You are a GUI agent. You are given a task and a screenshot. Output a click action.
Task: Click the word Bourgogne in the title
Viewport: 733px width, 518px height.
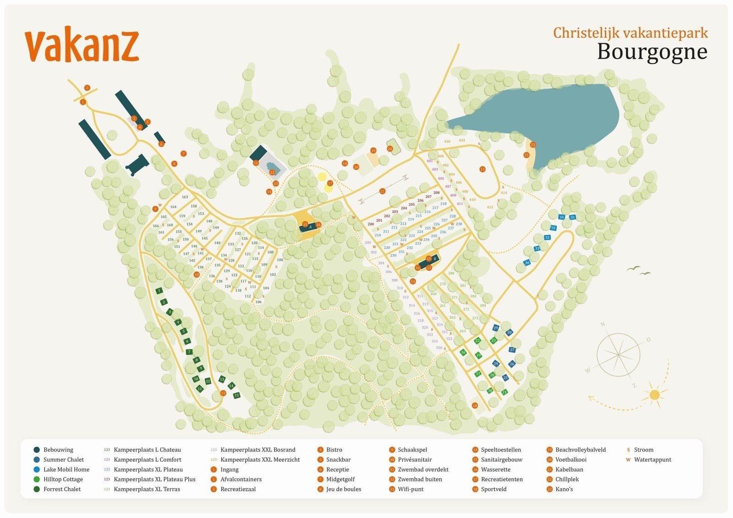point(652,51)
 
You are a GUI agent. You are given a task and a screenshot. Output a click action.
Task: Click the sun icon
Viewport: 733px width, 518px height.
point(654,394)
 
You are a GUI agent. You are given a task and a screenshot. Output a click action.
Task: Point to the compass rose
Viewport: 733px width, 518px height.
point(618,354)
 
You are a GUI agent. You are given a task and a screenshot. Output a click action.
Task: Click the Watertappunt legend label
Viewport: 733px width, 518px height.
point(652,460)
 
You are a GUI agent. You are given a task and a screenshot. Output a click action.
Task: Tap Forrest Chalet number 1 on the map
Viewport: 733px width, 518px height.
point(159,291)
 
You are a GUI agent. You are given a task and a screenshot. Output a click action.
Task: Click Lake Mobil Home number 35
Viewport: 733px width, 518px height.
point(572,217)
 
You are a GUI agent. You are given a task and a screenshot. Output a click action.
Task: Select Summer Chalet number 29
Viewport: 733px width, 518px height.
point(496,328)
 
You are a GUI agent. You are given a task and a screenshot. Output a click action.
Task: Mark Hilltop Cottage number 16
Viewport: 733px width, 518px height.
point(463,352)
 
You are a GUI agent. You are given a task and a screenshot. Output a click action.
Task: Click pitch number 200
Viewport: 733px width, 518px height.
point(371,224)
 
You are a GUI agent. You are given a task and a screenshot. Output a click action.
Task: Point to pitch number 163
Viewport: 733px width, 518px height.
point(185,197)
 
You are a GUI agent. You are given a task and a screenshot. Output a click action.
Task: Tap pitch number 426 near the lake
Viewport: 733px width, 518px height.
point(447,142)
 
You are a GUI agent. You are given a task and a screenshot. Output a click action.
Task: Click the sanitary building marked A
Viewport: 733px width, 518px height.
point(310,226)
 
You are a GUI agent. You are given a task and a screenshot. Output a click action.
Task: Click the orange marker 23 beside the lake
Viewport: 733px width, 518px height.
point(533,145)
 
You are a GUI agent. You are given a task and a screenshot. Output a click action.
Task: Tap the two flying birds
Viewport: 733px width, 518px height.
point(639,271)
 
